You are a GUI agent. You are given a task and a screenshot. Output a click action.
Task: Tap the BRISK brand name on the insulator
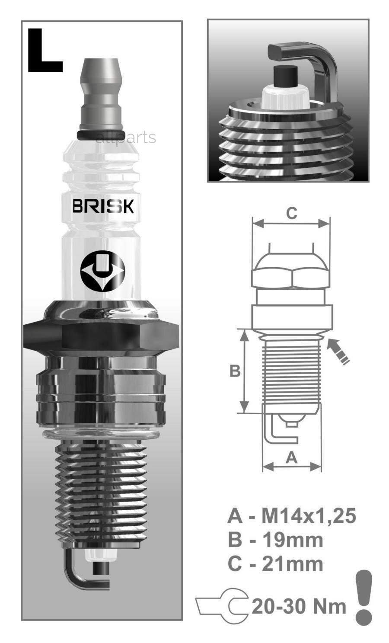[103, 206]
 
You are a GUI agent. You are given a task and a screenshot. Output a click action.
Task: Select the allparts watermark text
[125, 138]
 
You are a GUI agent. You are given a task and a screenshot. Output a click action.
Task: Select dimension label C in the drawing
[292, 213]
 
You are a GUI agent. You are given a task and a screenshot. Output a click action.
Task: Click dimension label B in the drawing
[234, 371]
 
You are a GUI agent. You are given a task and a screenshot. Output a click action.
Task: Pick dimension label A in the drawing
[292, 457]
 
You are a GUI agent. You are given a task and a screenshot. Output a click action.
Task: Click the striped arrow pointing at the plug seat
[338, 352]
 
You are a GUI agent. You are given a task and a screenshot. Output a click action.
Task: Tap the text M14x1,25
[309, 515]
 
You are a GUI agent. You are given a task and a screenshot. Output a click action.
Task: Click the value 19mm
[292, 540]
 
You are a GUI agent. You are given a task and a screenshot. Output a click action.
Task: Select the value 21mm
[292, 564]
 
